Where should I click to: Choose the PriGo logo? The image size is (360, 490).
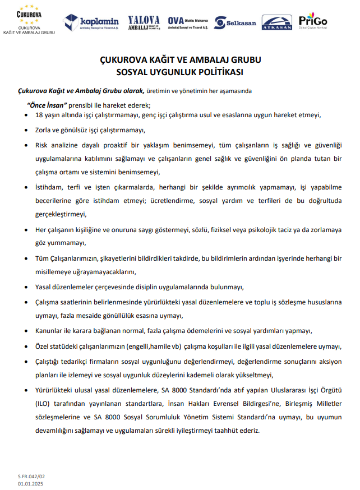[313, 21]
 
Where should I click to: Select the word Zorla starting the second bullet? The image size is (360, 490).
[44, 131]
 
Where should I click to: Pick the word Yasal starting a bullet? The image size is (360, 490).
[44, 286]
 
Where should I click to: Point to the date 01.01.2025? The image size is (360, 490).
[31, 483]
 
